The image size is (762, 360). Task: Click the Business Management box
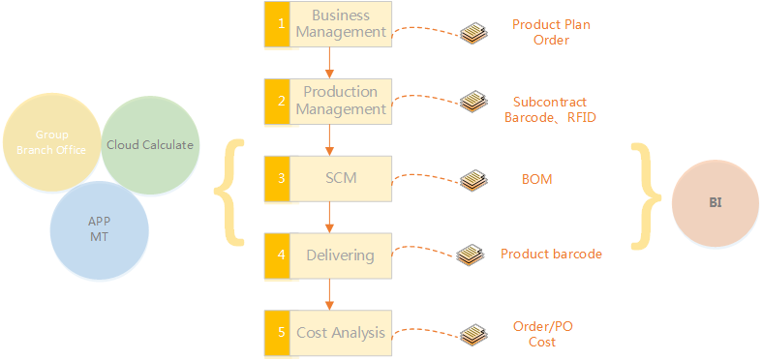point(328,24)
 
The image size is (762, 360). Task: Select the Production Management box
point(328,101)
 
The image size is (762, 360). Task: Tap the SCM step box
point(328,178)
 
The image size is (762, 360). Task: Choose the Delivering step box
point(328,255)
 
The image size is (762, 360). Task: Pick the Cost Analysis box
point(328,333)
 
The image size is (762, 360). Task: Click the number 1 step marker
point(277,24)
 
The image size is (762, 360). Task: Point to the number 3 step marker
point(277,178)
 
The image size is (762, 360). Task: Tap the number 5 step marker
point(277,333)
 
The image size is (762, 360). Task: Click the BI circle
point(715,203)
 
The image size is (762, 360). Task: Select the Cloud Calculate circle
point(150,145)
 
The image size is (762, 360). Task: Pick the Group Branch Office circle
point(51,142)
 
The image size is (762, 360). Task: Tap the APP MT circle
point(99,229)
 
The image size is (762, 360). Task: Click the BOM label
point(537,179)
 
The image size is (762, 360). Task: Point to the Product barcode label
point(552,254)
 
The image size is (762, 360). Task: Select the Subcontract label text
point(550,102)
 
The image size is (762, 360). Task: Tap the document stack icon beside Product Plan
point(473,32)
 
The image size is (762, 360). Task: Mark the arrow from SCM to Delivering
point(329,217)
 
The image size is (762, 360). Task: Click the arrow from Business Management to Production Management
point(329,63)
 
